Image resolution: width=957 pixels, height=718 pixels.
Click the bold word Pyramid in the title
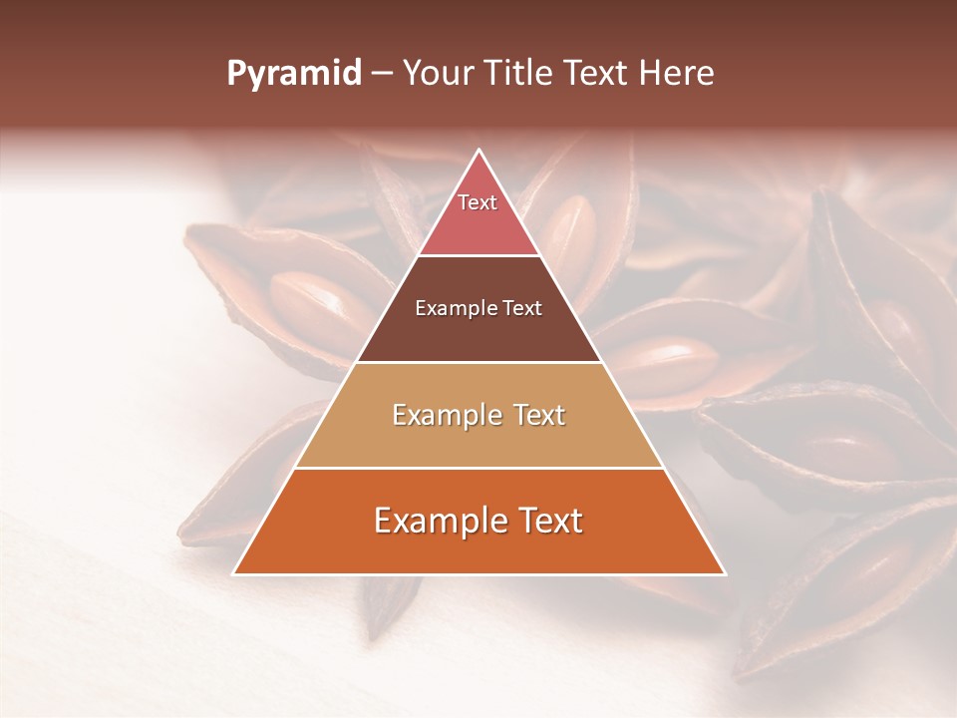pos(293,74)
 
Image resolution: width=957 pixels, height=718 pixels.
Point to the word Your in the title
pos(437,74)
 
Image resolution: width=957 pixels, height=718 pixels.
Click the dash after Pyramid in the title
pos(381,74)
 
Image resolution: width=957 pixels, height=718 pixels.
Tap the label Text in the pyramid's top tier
pos(478,202)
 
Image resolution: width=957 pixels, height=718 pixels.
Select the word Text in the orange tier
pos(546,521)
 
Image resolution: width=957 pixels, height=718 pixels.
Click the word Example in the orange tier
pos(438,521)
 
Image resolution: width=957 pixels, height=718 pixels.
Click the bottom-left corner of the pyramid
pos(233,574)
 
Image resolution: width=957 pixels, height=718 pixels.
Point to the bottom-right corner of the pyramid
pos(725,574)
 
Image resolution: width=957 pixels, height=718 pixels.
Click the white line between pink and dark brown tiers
pos(478,255)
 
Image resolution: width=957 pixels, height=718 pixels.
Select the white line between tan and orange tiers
pos(478,469)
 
